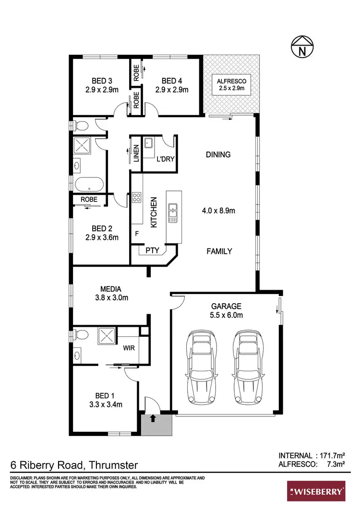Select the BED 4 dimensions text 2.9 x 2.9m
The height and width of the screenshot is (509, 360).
click(x=171, y=89)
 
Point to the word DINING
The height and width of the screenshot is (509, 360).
click(x=218, y=154)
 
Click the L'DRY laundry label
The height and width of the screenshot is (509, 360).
click(x=166, y=158)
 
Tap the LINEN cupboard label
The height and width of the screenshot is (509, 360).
click(x=136, y=153)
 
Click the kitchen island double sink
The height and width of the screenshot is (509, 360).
click(x=173, y=213)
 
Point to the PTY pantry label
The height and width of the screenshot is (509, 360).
click(x=152, y=250)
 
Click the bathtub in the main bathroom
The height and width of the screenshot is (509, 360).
click(x=89, y=185)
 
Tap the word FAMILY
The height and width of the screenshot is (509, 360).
click(x=219, y=251)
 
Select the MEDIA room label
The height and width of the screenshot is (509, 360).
click(x=110, y=289)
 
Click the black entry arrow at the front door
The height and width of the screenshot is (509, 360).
click(x=153, y=417)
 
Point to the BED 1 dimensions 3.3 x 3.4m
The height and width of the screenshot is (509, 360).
click(x=106, y=404)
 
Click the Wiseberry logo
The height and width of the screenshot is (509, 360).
click(x=316, y=491)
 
